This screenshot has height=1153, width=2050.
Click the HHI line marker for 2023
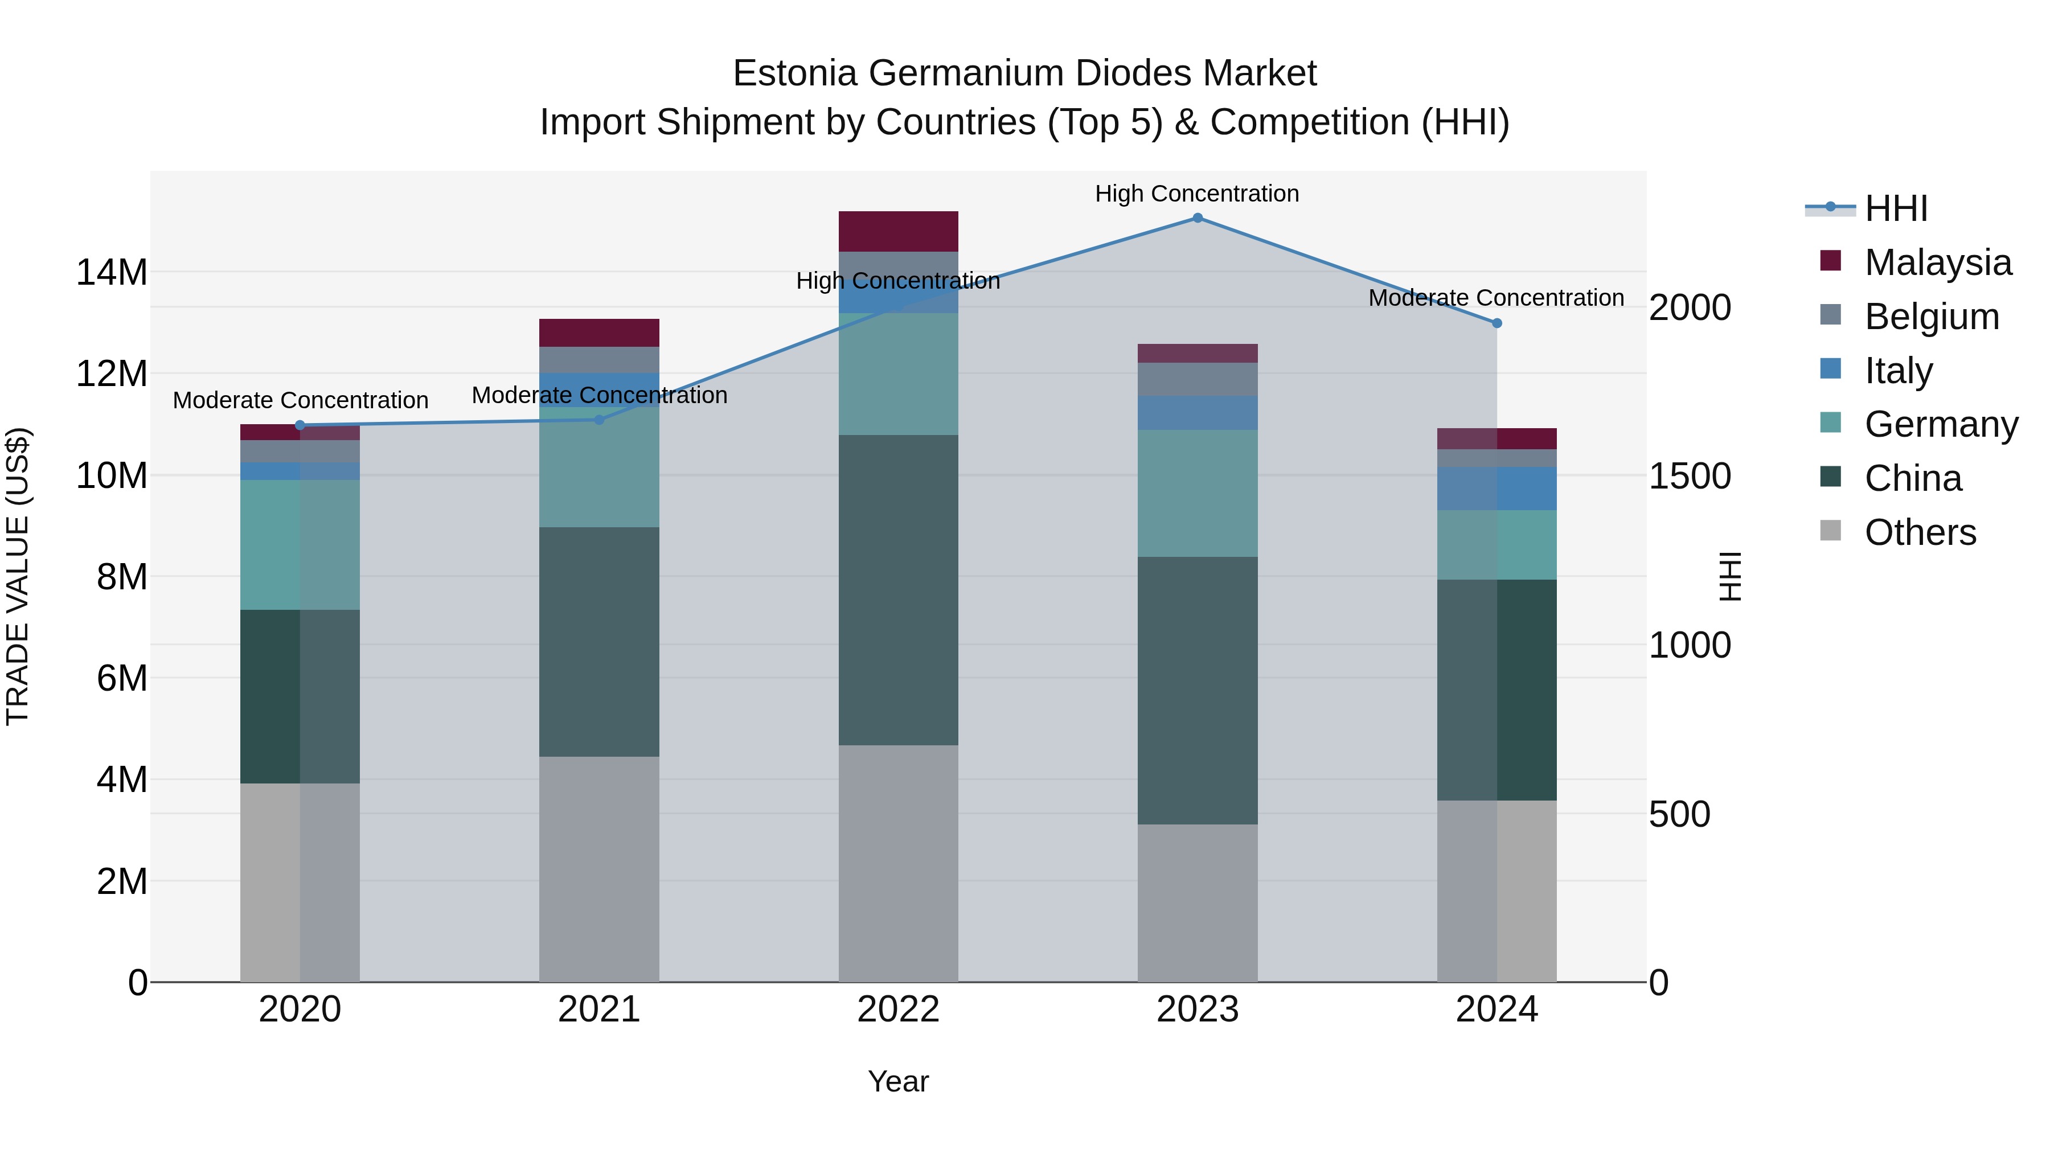point(1197,218)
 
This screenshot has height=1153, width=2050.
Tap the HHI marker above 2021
point(599,419)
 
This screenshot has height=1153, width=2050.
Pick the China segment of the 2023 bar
point(1197,690)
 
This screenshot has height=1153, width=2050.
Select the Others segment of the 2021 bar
point(599,869)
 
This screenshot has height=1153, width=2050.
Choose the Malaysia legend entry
point(1937,262)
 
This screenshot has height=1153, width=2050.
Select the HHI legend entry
point(1896,208)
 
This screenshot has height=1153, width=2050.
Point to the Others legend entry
point(1920,532)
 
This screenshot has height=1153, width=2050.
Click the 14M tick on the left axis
point(112,273)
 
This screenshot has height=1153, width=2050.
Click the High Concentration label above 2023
point(1197,194)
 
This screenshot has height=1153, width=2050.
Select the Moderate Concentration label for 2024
point(1496,298)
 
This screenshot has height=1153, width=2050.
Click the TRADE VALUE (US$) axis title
point(18,576)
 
